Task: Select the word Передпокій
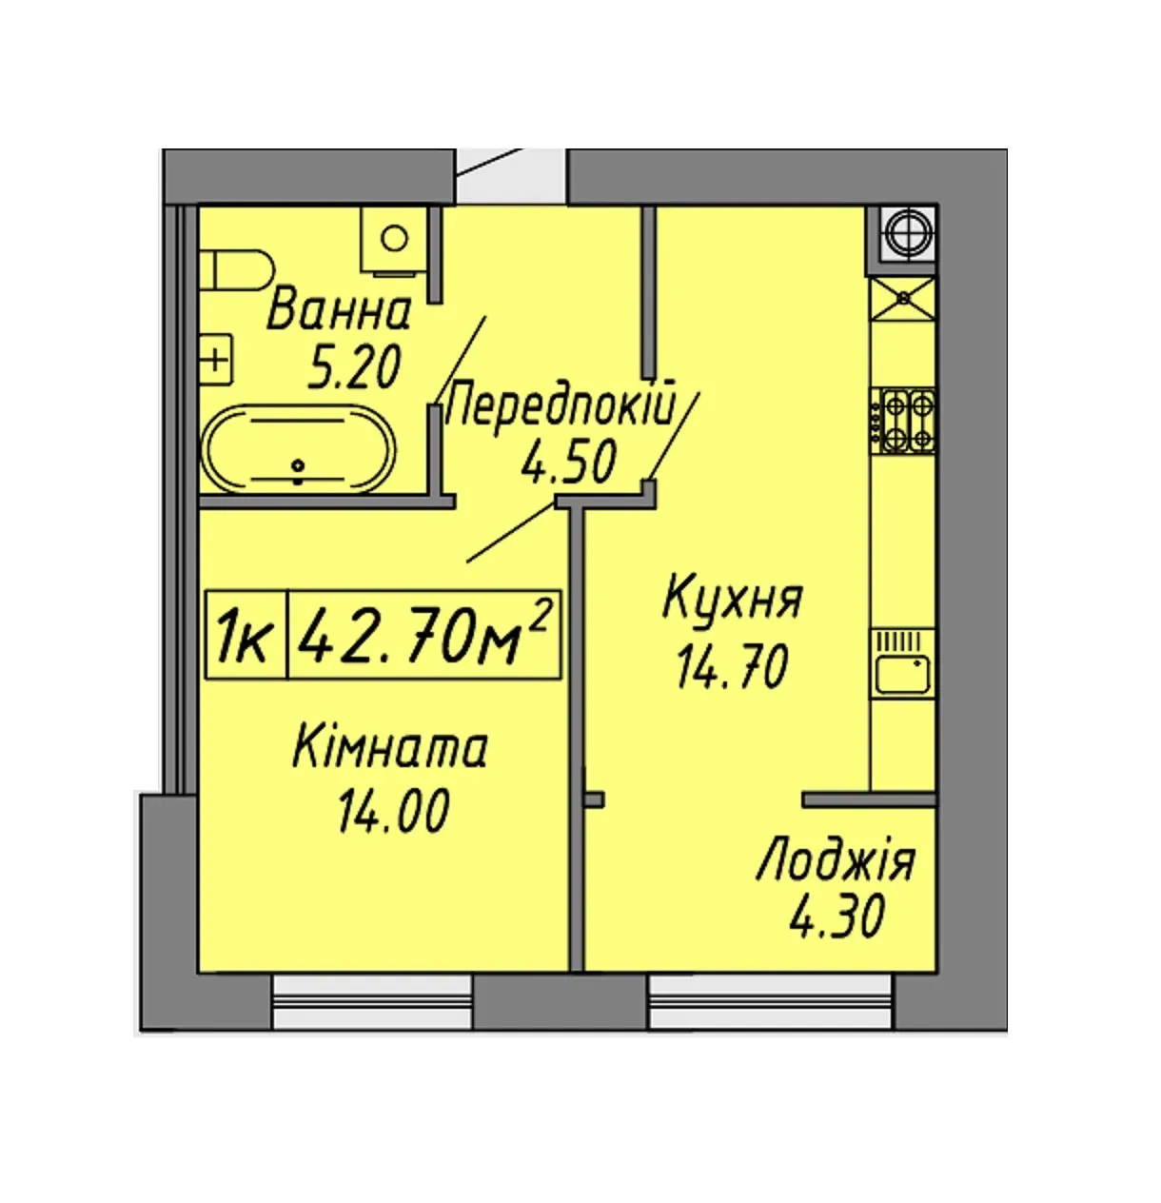(560, 405)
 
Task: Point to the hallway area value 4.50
(568, 461)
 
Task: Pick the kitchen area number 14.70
(732, 666)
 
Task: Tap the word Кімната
(390, 748)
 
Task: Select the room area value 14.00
(393, 811)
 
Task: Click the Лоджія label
(835, 860)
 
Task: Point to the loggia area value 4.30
(837, 917)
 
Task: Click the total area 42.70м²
(423, 635)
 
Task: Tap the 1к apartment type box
(246, 635)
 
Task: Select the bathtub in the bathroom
(299, 448)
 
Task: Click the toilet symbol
(236, 269)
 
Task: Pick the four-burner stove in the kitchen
(902, 421)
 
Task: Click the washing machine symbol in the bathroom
(394, 239)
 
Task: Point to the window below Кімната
(372, 1012)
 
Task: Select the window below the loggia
(770, 1012)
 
